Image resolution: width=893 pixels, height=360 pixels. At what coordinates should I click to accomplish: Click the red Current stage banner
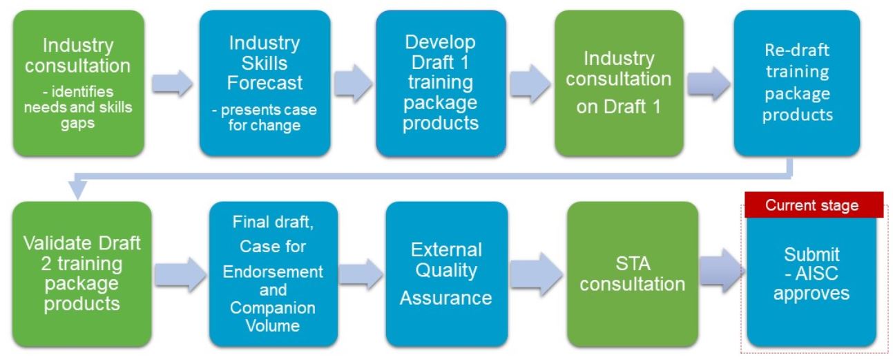814,205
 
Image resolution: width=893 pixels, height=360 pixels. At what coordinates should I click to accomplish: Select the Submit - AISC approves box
812,281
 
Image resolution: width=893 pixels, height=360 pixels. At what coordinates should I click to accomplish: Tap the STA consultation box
632,274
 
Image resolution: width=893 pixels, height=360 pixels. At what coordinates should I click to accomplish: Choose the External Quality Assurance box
446,274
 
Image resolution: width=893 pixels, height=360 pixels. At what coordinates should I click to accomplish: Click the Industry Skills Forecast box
265,83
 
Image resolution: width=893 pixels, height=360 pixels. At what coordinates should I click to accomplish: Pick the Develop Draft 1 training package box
441,83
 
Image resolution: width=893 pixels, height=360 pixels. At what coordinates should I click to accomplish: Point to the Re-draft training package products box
797,83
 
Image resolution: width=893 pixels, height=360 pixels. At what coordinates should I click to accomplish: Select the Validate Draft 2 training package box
81,274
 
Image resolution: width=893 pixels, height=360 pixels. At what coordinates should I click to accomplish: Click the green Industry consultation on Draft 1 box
619,83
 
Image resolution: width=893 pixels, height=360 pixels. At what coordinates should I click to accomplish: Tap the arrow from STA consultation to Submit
722,272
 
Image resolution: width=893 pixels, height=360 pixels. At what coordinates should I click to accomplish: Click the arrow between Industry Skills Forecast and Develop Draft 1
353,84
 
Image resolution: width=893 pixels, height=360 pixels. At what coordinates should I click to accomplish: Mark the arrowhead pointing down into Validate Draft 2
78,189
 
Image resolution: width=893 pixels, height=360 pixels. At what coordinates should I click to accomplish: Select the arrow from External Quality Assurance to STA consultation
536,274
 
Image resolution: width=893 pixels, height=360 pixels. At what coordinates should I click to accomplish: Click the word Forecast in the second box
265,83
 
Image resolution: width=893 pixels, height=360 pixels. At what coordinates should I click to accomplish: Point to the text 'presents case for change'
265,117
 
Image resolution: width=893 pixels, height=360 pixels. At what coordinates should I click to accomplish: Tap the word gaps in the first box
78,124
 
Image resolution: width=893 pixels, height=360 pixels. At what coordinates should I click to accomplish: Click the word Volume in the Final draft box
273,325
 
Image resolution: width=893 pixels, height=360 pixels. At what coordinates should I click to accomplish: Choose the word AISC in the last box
816,274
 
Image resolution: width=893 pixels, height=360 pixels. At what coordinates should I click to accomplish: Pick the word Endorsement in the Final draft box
273,272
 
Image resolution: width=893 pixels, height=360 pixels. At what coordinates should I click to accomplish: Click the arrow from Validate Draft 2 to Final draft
180,274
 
